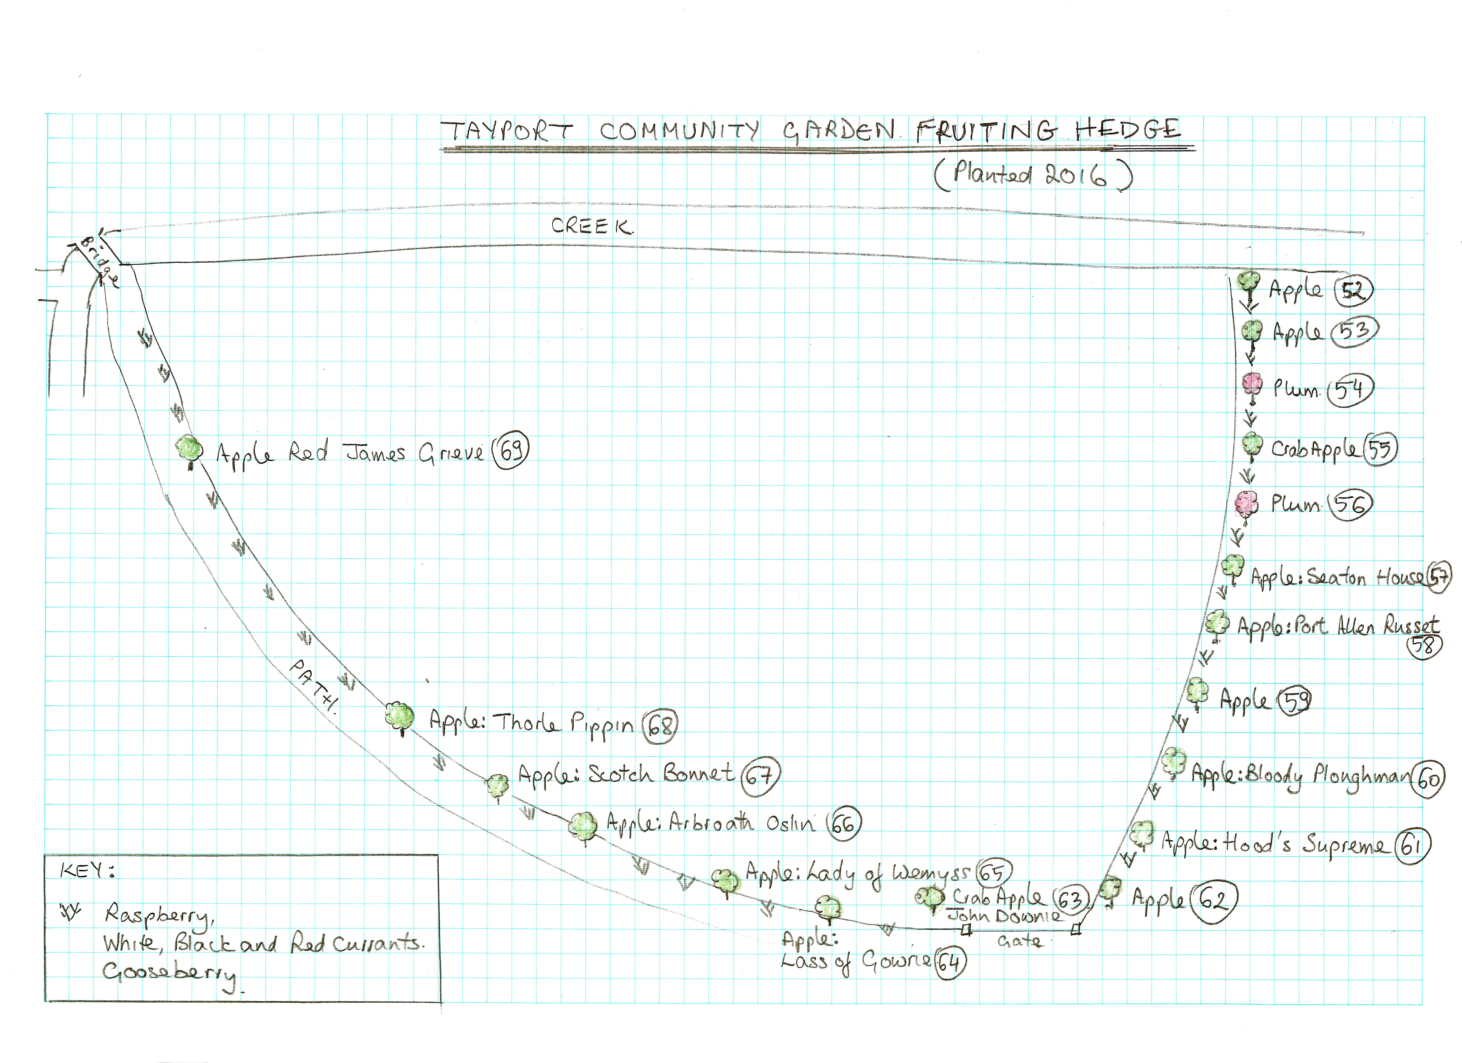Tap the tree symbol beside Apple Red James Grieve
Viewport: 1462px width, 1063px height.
coord(189,450)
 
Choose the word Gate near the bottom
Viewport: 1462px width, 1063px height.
coord(1019,941)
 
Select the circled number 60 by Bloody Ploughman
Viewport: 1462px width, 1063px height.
coord(1427,780)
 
